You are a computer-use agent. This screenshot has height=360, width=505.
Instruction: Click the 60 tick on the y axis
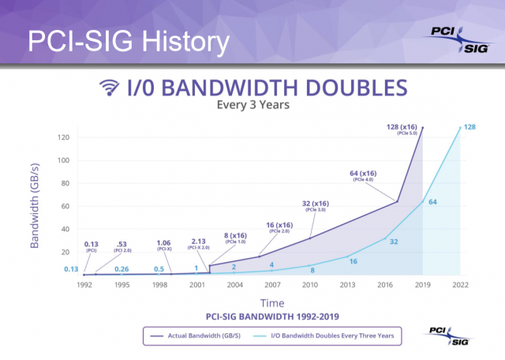coord(67,206)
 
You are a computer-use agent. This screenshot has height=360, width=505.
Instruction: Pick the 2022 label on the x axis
coord(461,286)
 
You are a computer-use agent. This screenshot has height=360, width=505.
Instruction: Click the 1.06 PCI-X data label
coord(164,245)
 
